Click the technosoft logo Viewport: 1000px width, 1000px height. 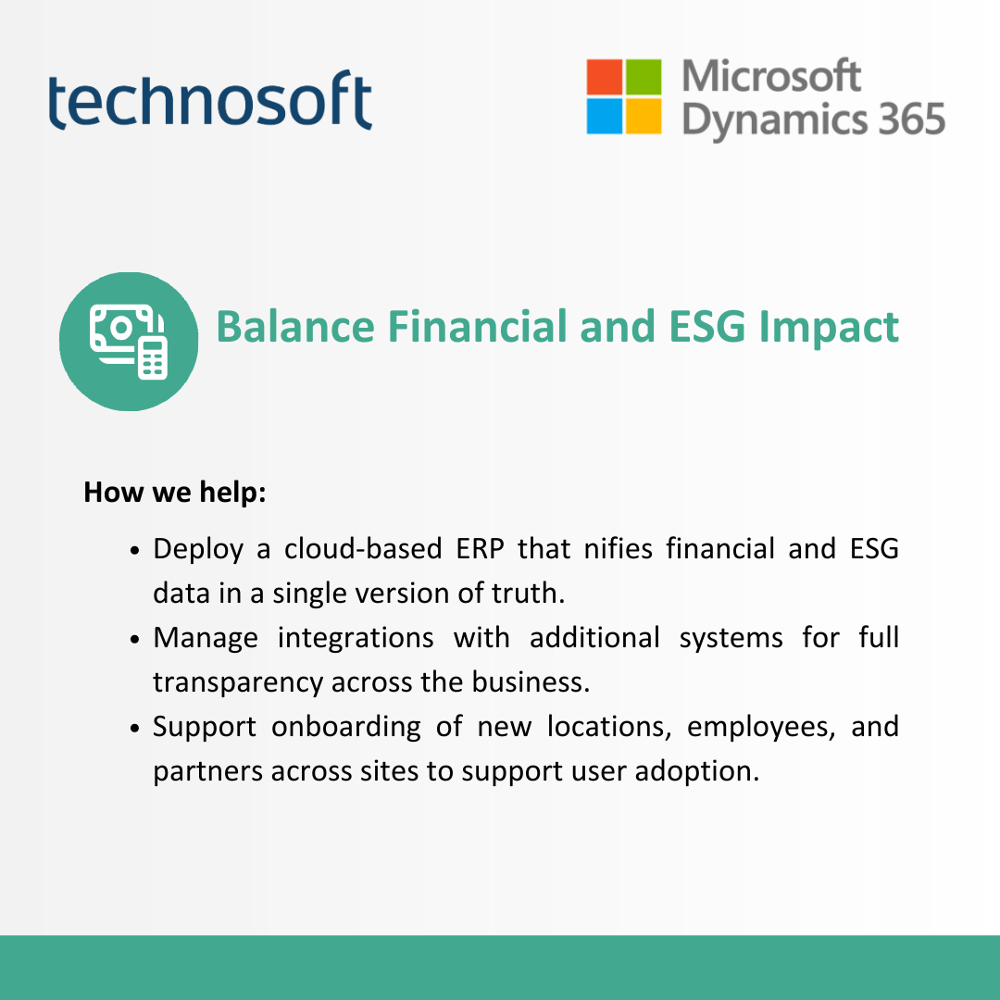(x=210, y=100)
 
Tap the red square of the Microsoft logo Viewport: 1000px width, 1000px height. (x=604, y=77)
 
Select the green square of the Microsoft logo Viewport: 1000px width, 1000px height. (x=643, y=77)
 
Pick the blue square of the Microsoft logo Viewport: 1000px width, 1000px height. (x=604, y=116)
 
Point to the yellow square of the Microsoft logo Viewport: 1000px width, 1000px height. (x=643, y=116)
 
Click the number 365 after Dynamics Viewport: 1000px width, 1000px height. (x=911, y=119)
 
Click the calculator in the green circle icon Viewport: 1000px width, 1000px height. (x=153, y=358)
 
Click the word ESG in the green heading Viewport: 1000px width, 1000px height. (x=706, y=327)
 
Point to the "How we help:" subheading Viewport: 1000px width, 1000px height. (x=175, y=493)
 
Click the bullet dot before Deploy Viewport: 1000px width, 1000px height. (x=134, y=550)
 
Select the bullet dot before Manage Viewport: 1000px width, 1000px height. (x=134, y=639)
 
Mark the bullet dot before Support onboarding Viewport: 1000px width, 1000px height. (x=134, y=729)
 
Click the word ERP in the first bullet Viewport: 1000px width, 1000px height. (x=480, y=548)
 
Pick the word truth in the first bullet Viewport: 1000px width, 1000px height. (x=528, y=594)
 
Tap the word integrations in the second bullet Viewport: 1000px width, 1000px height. (x=356, y=638)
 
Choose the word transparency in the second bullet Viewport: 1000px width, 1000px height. (x=238, y=683)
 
